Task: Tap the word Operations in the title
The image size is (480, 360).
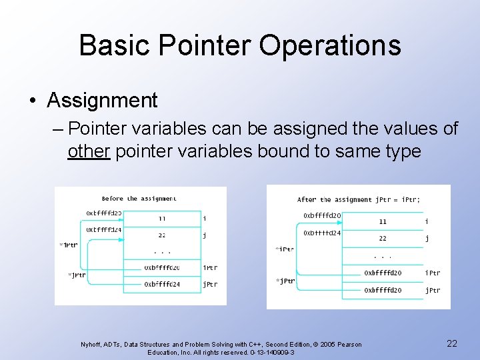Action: (x=330, y=45)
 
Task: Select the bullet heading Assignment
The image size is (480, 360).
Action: (x=103, y=101)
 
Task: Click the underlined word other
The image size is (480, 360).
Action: (x=89, y=151)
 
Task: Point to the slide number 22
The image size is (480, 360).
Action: (x=451, y=343)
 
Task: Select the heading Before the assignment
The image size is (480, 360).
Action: (x=139, y=198)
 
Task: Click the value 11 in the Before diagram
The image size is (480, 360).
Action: (x=162, y=218)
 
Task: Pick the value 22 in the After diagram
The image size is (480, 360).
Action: (x=383, y=238)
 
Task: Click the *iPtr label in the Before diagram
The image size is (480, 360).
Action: (x=68, y=245)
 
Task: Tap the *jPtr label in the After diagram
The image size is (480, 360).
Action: (x=285, y=281)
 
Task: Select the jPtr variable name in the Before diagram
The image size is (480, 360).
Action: (x=210, y=284)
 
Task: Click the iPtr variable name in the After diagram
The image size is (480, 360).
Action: (x=433, y=273)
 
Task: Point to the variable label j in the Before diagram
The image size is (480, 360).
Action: (x=205, y=235)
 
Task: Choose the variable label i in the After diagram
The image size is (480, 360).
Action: (x=427, y=221)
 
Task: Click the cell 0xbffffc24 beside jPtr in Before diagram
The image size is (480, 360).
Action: (x=162, y=284)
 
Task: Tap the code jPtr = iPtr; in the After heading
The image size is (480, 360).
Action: (x=398, y=199)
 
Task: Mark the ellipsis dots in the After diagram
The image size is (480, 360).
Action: (x=383, y=256)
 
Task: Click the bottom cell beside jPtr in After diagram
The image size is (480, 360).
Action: (x=383, y=290)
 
